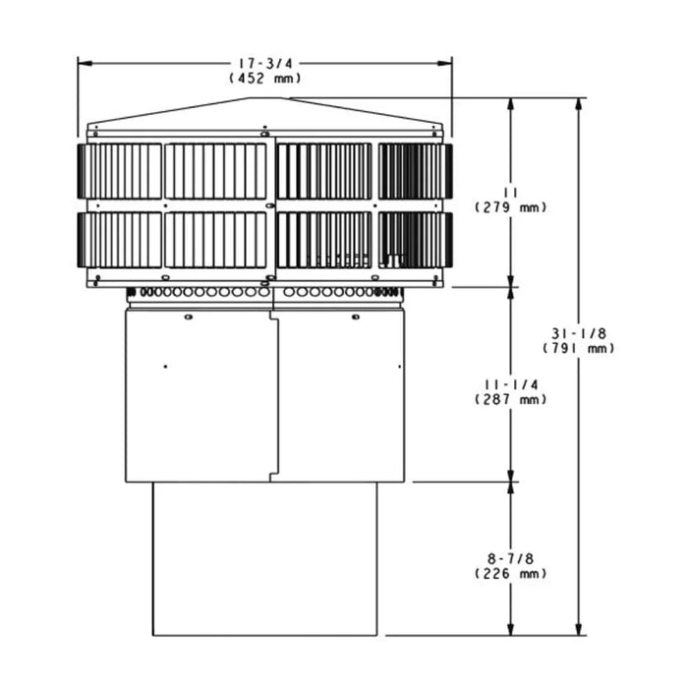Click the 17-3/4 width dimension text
click(264, 63)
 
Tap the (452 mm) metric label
click(264, 78)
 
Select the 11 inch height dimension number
click(510, 193)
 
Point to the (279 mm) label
click(510, 207)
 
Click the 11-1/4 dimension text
click(510, 384)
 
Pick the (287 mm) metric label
click(510, 399)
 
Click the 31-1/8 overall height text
click(579, 333)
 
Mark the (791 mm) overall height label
click(579, 348)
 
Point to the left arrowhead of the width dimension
click(83, 63)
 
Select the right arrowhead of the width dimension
click(447, 63)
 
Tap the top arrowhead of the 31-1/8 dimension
click(579, 102)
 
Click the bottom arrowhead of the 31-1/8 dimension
click(579, 629)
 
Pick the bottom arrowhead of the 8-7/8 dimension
click(510, 629)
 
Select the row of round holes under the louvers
click(264, 292)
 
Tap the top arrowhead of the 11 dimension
click(510, 102)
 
